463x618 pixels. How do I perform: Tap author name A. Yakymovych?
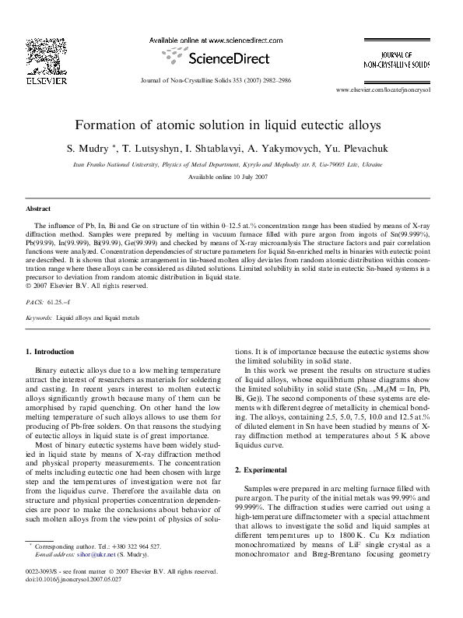(x=305, y=147)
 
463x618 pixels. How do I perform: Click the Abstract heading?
(x=38, y=210)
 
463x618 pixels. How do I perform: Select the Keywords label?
(x=39, y=318)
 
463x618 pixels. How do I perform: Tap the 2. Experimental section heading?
(x=267, y=470)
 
